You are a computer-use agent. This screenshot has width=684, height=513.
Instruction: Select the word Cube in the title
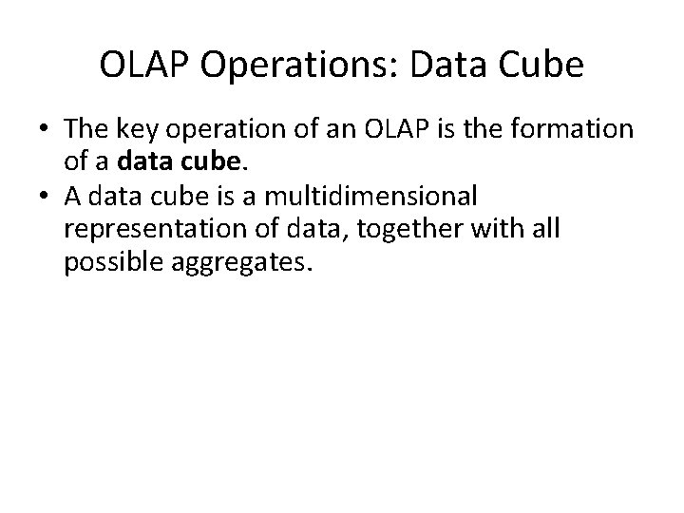coord(536,66)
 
